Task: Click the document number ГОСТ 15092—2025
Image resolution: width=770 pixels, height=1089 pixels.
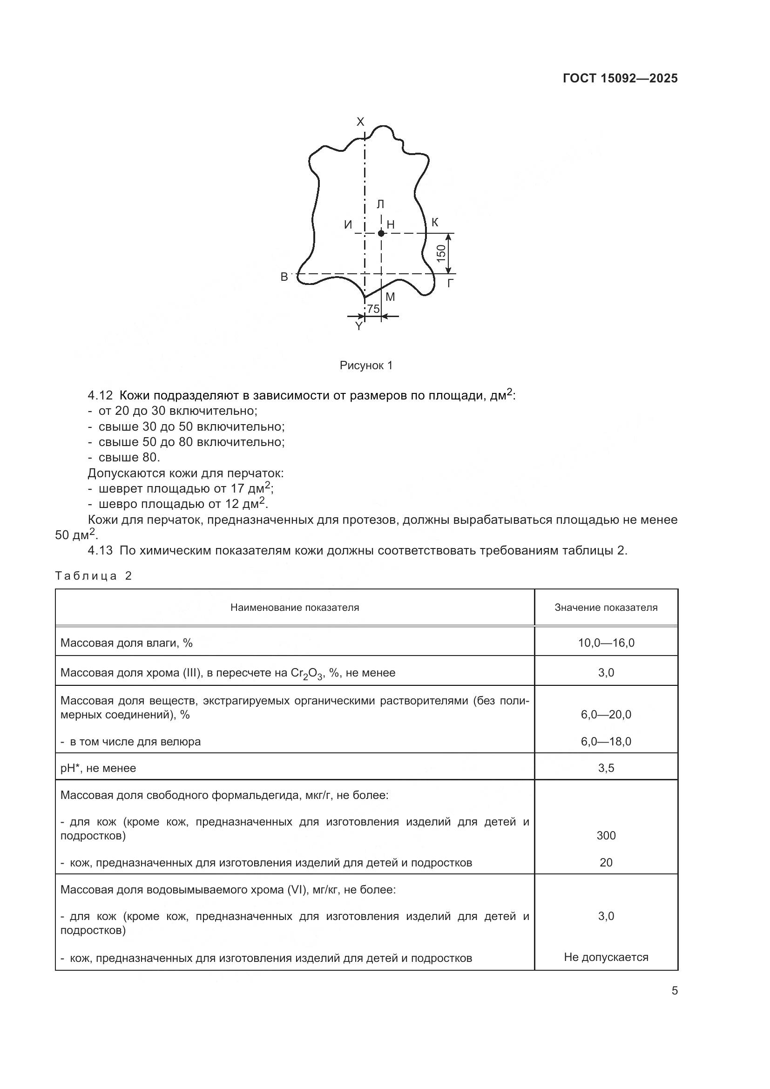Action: pyautogui.click(x=620, y=79)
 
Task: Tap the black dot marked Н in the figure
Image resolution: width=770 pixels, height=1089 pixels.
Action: pyautogui.click(x=381, y=233)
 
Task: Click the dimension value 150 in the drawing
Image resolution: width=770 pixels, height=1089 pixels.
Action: pyautogui.click(x=441, y=253)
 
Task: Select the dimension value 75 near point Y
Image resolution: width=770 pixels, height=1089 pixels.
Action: pyautogui.click(x=373, y=309)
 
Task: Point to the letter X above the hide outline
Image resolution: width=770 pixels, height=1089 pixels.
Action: pyautogui.click(x=360, y=122)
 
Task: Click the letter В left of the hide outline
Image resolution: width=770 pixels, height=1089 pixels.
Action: pyautogui.click(x=284, y=277)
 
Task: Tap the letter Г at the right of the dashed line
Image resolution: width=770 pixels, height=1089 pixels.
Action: pyautogui.click(x=451, y=284)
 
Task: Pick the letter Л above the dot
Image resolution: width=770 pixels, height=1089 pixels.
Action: pyautogui.click(x=380, y=204)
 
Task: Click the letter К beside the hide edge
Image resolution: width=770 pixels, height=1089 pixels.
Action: pyautogui.click(x=435, y=222)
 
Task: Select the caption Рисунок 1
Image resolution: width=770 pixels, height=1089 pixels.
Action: pyautogui.click(x=366, y=365)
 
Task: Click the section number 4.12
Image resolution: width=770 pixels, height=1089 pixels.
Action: pyautogui.click(x=100, y=396)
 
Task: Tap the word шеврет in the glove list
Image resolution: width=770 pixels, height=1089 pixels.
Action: pyautogui.click(x=118, y=488)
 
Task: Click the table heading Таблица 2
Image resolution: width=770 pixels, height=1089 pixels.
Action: pyautogui.click(x=93, y=576)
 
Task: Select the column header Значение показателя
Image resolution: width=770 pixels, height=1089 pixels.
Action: pyautogui.click(x=606, y=608)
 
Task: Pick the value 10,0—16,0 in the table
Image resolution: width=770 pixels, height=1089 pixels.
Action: pyautogui.click(x=606, y=643)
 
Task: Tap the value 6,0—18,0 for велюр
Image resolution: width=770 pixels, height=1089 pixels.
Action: pyautogui.click(x=606, y=741)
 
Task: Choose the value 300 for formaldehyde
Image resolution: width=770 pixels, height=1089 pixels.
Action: pyautogui.click(x=606, y=835)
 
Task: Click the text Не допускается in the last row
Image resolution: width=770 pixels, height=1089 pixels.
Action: pyautogui.click(x=606, y=957)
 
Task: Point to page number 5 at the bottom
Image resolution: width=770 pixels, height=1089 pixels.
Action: pyautogui.click(x=674, y=991)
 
